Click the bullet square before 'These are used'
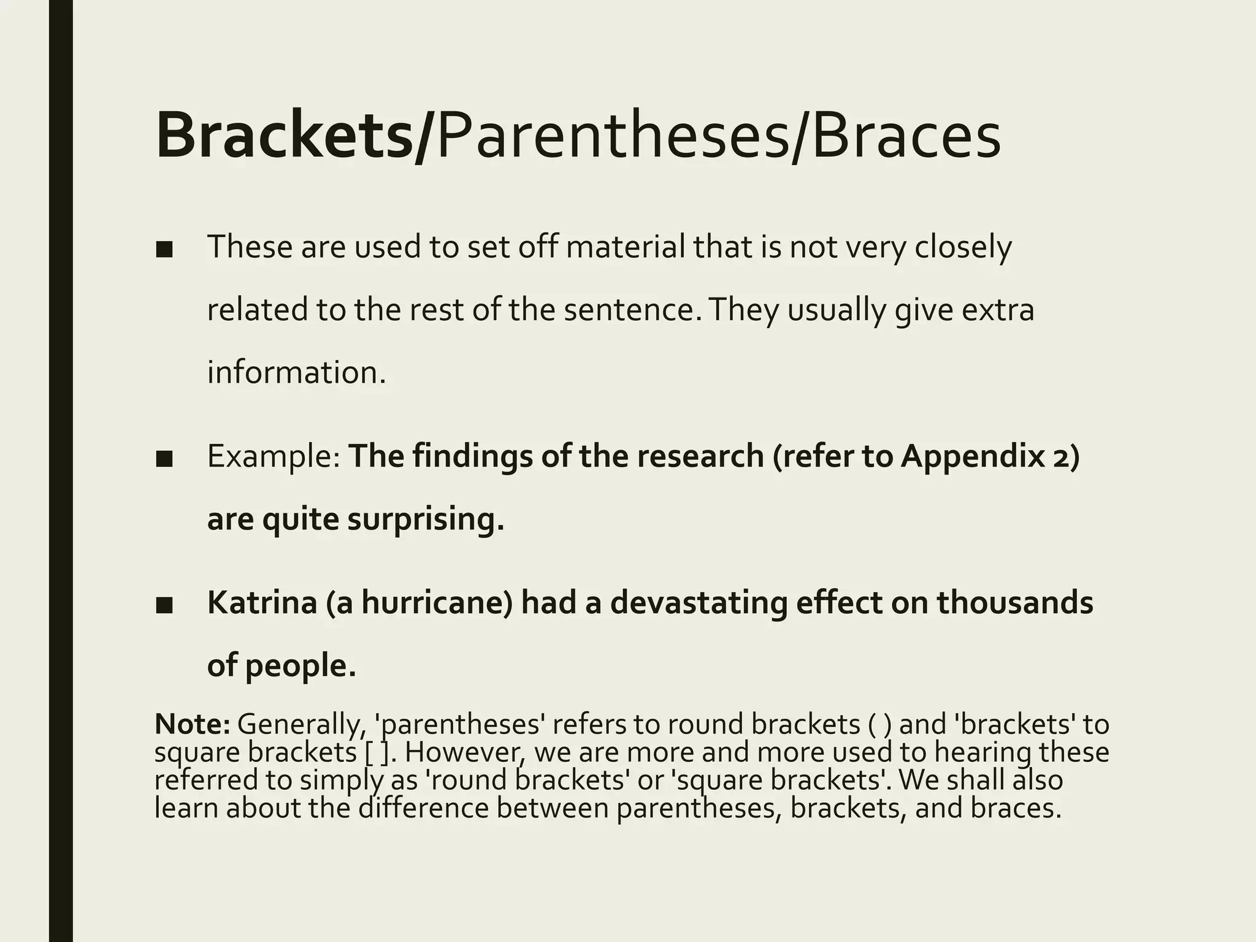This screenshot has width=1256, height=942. (164, 249)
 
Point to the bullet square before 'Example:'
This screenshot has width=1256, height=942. (164, 458)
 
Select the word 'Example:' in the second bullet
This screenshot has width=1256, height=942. (274, 457)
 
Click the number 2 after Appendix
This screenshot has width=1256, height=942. (1060, 457)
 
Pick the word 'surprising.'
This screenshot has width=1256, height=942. (426, 519)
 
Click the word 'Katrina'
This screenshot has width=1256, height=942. (262, 603)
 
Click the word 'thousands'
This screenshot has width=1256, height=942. (1014, 603)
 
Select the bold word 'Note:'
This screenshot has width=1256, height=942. (192, 724)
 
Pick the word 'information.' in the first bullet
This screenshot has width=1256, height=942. (297, 373)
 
